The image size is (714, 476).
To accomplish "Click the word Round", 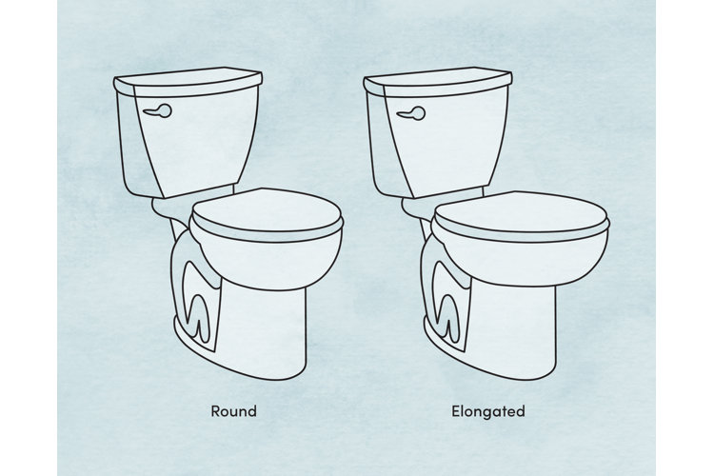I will click(233, 412).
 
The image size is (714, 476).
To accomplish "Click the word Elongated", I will click(488, 412).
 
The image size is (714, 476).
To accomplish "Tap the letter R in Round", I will click(214, 412).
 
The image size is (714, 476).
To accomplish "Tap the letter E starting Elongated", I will click(456, 412).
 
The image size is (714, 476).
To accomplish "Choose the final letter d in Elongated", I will click(521, 412).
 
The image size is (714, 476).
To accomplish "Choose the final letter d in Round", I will click(252, 412).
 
